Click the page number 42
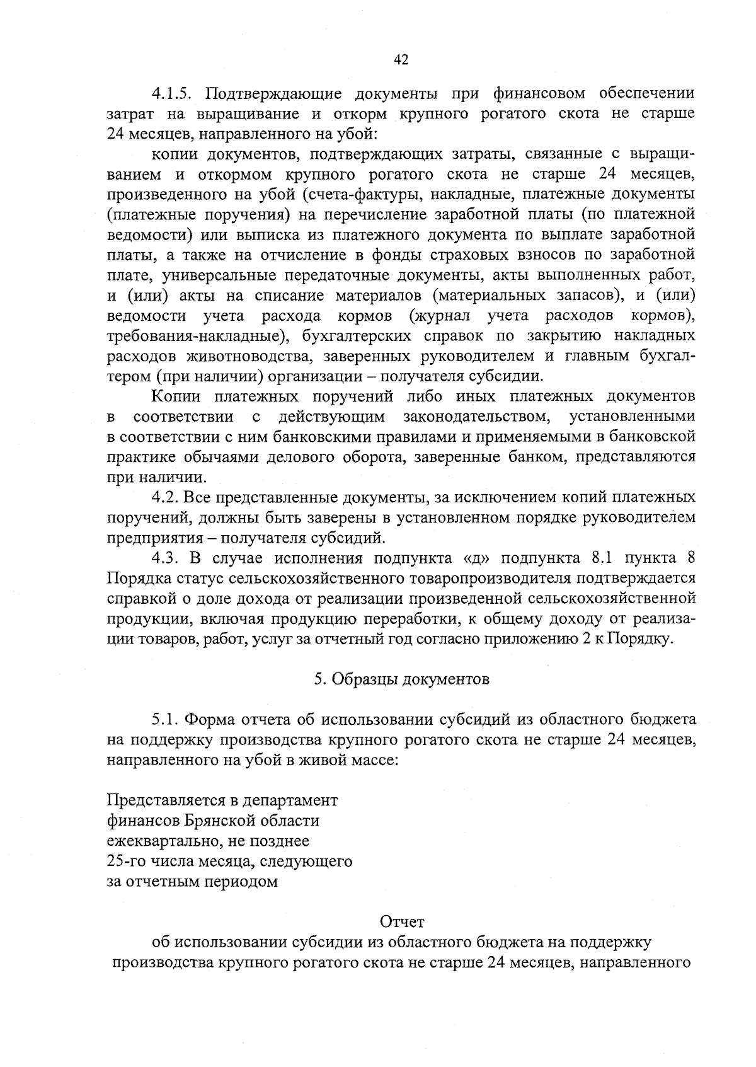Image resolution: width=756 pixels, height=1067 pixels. click(401, 60)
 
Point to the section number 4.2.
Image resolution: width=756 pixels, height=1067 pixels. click(164, 498)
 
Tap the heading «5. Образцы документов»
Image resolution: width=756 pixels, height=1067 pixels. click(401, 679)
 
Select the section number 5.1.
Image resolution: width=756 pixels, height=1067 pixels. click(164, 720)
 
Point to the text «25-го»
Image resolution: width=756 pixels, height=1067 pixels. click(125, 862)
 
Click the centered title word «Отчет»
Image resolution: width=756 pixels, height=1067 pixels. click(402, 922)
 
